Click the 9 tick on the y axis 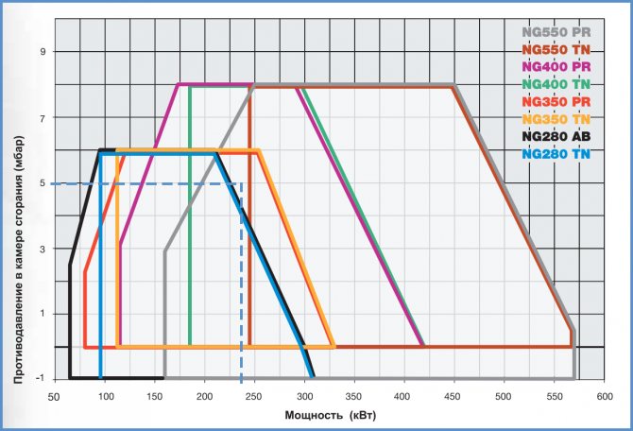click(42, 52)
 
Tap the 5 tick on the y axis click(42, 183)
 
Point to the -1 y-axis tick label click(40, 379)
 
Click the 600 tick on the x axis click(601, 397)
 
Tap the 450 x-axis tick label click(453, 397)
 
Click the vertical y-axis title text click(18, 216)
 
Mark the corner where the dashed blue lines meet click(242, 183)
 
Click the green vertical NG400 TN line click(190, 217)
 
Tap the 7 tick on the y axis click(42, 118)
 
